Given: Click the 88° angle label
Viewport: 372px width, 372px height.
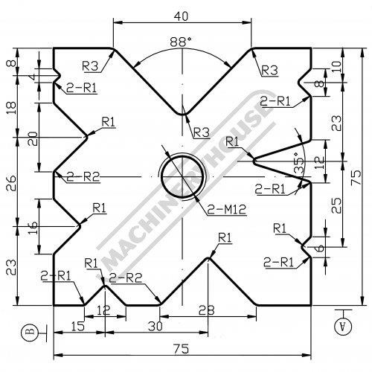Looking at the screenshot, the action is click(181, 42).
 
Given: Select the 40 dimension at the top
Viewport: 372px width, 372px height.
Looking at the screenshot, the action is click(182, 16).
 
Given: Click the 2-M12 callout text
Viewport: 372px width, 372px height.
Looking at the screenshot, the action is click(227, 210).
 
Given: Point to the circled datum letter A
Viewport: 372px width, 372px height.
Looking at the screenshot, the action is click(343, 327).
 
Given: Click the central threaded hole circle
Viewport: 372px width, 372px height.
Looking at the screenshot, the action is click(182, 177).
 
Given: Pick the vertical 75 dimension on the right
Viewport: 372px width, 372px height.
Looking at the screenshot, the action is click(356, 176).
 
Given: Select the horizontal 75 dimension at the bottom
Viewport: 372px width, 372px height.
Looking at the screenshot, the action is click(182, 349).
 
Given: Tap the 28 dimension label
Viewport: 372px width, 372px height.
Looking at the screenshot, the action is click(206, 310).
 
